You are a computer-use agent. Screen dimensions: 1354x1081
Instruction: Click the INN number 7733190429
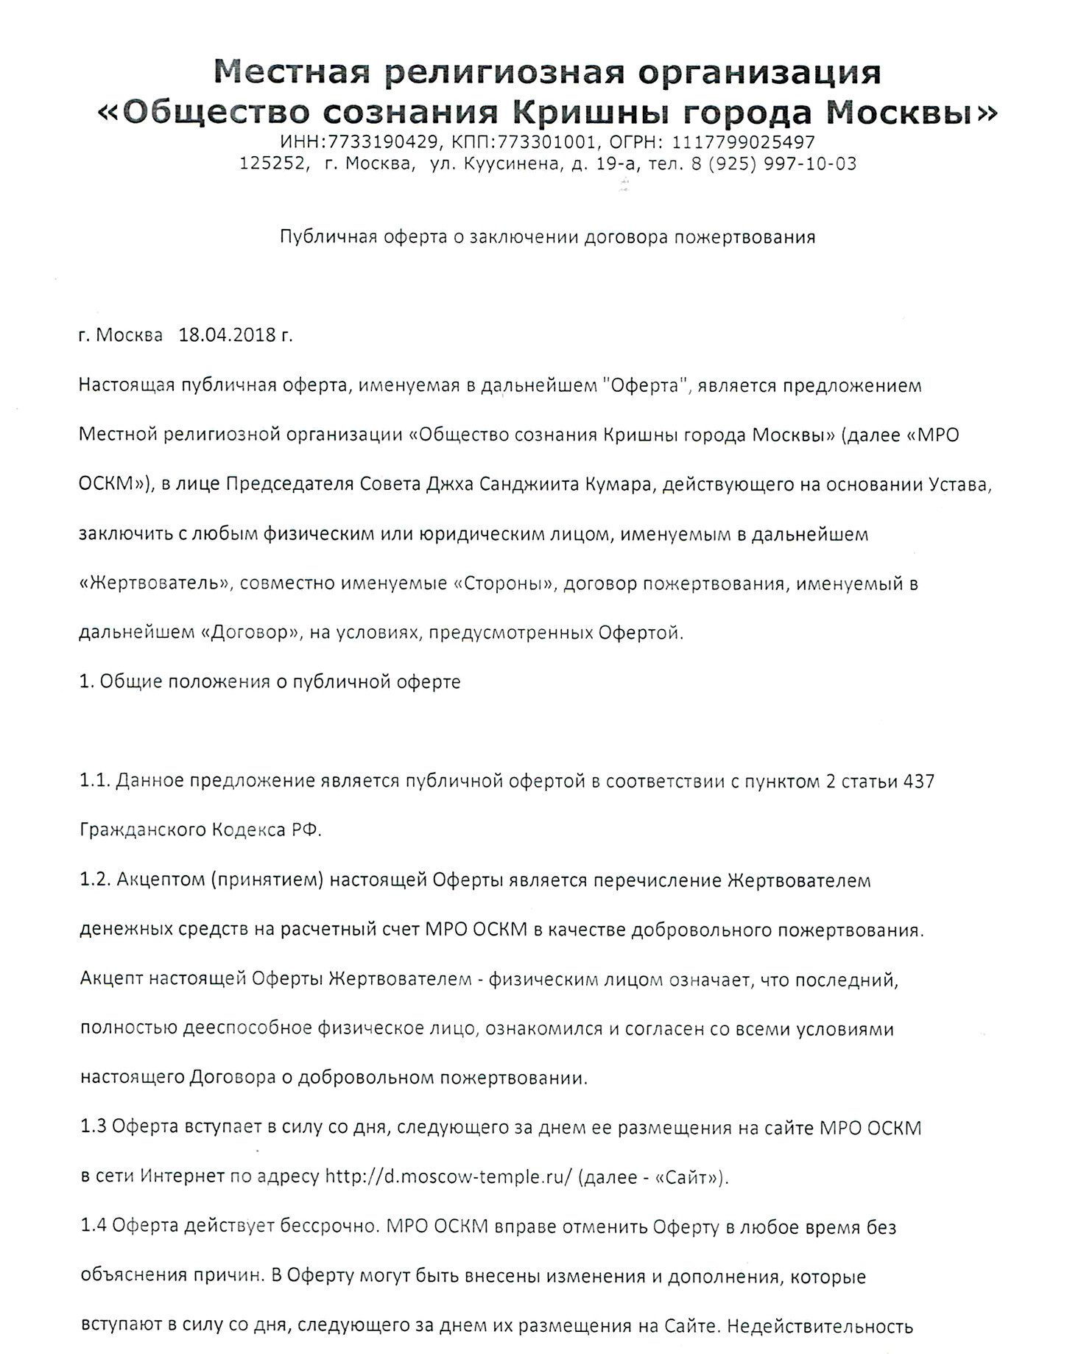[x=384, y=141]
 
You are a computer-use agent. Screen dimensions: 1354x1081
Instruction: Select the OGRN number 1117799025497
[x=743, y=141]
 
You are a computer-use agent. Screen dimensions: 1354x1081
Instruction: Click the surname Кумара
[x=618, y=484]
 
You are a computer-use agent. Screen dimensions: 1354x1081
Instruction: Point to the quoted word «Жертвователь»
[x=154, y=583]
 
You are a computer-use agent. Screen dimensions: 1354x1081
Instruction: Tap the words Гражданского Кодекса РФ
[x=200, y=830]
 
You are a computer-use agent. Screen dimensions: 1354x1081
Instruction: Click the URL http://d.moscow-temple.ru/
[x=448, y=1176]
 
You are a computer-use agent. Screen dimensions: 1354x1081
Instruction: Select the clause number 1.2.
[x=94, y=880]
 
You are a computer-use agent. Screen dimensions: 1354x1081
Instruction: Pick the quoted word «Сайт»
[x=688, y=1176]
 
